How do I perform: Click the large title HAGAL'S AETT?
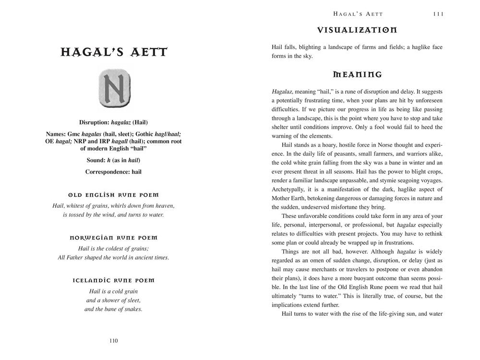(114, 52)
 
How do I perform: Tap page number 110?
(113, 341)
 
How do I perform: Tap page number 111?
(438, 14)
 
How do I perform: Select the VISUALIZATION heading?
(357, 30)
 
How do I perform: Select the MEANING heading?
(357, 74)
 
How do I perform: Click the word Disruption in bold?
(95, 122)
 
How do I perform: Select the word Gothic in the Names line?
(147, 134)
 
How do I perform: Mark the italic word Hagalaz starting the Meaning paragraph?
(282, 91)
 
